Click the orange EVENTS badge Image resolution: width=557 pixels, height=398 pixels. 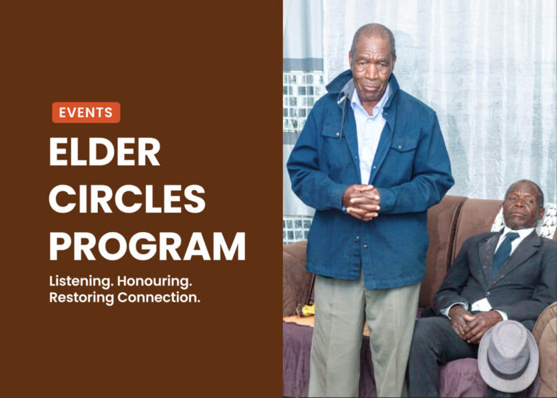point(86,112)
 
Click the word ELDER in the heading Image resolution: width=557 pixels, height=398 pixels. point(104,152)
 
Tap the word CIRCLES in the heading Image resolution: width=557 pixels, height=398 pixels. point(127,199)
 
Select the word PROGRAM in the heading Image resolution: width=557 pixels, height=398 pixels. point(147,246)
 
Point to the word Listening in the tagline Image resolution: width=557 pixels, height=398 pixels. point(81,281)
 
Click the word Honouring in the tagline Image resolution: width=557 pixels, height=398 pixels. point(154,281)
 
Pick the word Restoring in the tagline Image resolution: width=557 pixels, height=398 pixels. point(81,297)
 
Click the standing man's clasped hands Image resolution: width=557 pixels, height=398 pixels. point(362,202)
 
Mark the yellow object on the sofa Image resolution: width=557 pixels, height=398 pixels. point(305,310)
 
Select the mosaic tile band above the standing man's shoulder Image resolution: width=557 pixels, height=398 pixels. point(303,102)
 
